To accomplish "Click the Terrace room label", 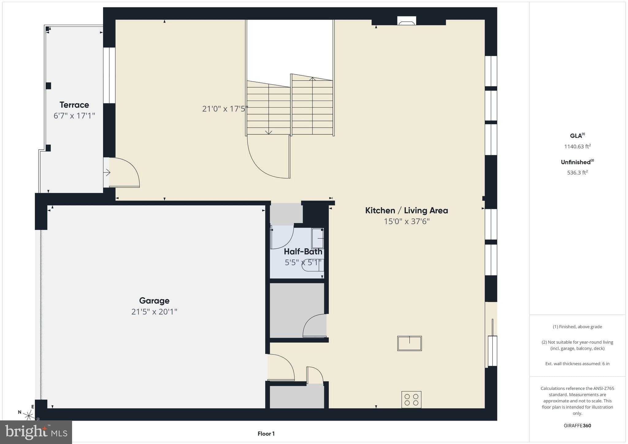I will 74,105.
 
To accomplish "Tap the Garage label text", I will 154,300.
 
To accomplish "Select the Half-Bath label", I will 303,252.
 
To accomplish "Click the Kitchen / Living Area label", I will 406,210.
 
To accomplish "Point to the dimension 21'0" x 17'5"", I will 225,109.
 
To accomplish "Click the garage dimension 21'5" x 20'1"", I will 154,312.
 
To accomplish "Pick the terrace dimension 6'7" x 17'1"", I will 74,116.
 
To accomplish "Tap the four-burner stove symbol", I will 411,400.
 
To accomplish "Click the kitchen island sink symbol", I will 409,343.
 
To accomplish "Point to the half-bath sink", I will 318,238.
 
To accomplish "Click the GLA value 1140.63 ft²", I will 577,147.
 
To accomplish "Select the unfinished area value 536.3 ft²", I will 577,173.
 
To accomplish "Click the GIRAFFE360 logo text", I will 577,426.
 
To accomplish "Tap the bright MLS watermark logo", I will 36,432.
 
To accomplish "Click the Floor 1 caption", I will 266,434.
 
